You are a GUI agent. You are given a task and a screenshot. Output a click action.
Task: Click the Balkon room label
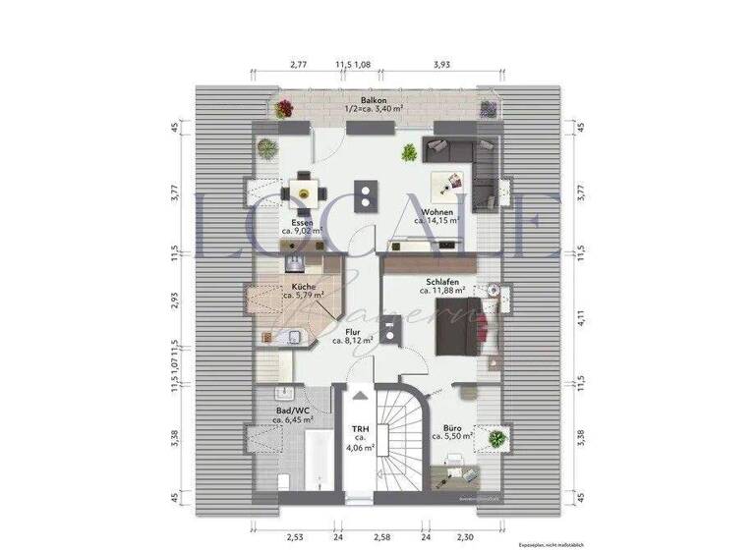373,100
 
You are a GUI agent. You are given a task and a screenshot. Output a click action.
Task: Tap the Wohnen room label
436,212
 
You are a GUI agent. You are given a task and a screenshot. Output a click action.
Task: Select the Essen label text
302,223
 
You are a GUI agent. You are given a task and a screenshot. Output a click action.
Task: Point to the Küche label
303,286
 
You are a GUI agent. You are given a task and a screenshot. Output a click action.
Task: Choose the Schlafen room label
442,281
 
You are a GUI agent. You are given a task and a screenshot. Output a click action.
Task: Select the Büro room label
454,429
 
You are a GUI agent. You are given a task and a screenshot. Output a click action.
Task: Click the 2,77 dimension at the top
299,64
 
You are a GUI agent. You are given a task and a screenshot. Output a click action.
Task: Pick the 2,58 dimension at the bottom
379,538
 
